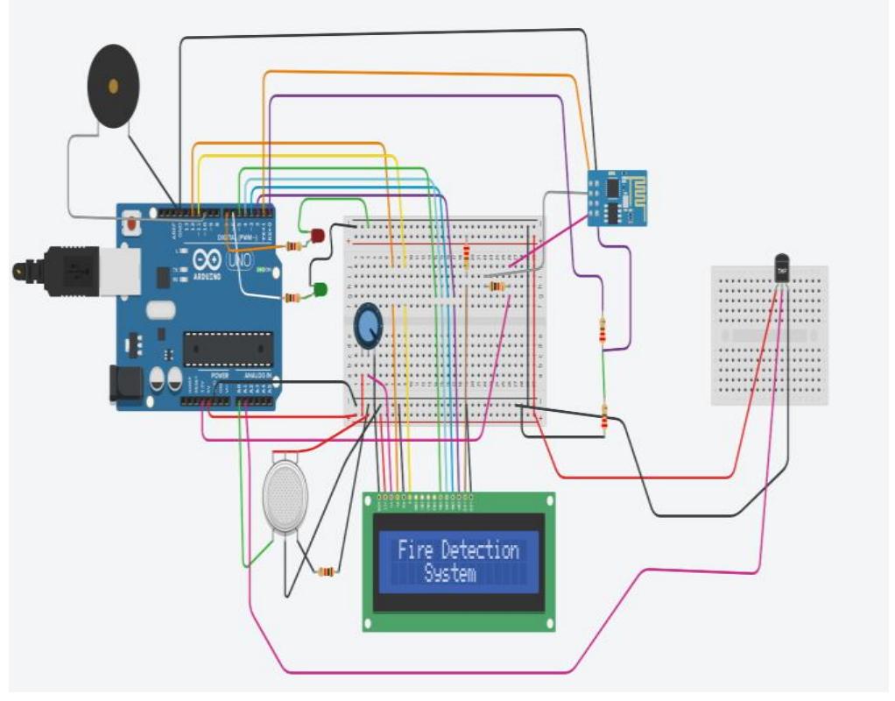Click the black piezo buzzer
click(113, 86)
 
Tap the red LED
click(316, 237)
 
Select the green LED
click(321, 289)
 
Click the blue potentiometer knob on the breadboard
click(369, 327)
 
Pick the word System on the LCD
click(450, 574)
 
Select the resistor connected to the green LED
click(293, 298)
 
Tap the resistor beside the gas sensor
click(326, 572)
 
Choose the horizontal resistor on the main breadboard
click(497, 286)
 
